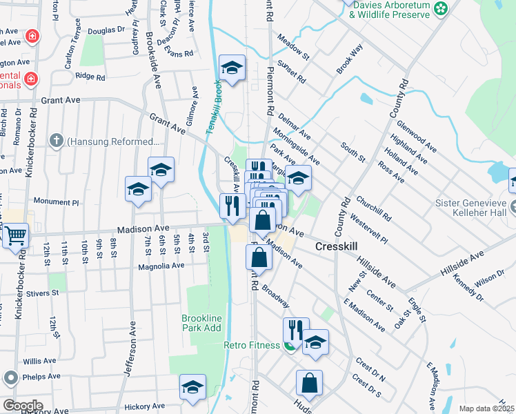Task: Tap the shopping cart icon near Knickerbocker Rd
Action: tap(15, 235)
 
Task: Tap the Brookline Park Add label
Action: tap(201, 323)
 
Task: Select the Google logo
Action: tap(22, 405)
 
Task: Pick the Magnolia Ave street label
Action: tap(161, 266)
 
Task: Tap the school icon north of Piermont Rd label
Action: tap(232, 68)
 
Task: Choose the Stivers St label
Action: tap(43, 293)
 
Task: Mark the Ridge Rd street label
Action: tap(90, 77)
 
